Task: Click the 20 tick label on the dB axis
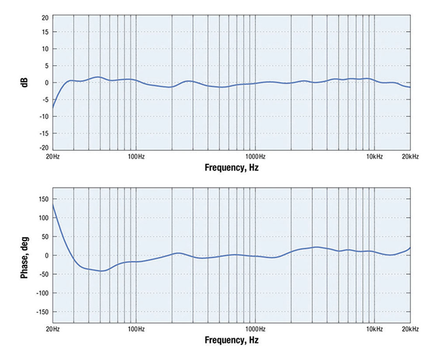45,18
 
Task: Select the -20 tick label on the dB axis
43,150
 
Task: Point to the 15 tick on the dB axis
45,32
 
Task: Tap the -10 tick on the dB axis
43,116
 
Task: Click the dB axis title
26,83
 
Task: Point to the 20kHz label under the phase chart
410,329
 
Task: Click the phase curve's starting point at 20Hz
53,204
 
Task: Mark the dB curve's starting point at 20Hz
53,108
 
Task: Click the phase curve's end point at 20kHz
410,248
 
